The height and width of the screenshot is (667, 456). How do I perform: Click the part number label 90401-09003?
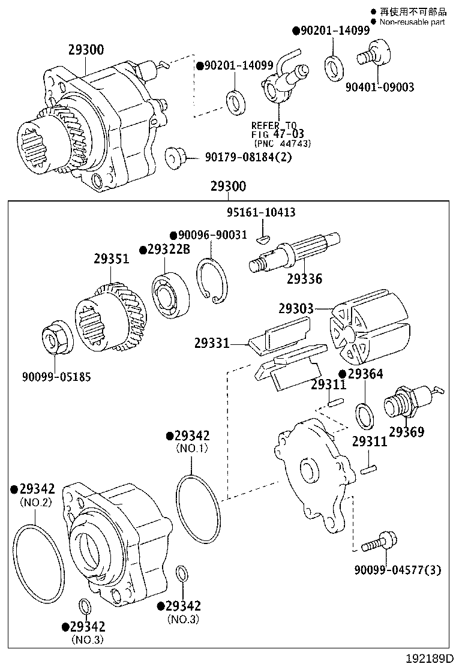tap(379, 88)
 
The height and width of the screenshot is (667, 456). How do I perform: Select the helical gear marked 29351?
tap(113, 317)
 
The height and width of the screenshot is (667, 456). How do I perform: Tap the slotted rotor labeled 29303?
tap(367, 335)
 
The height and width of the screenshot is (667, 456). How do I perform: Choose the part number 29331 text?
tap(211, 344)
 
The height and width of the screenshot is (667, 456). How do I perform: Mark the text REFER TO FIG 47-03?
tap(278, 130)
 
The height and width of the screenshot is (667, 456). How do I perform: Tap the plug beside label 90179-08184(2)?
tap(174, 157)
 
